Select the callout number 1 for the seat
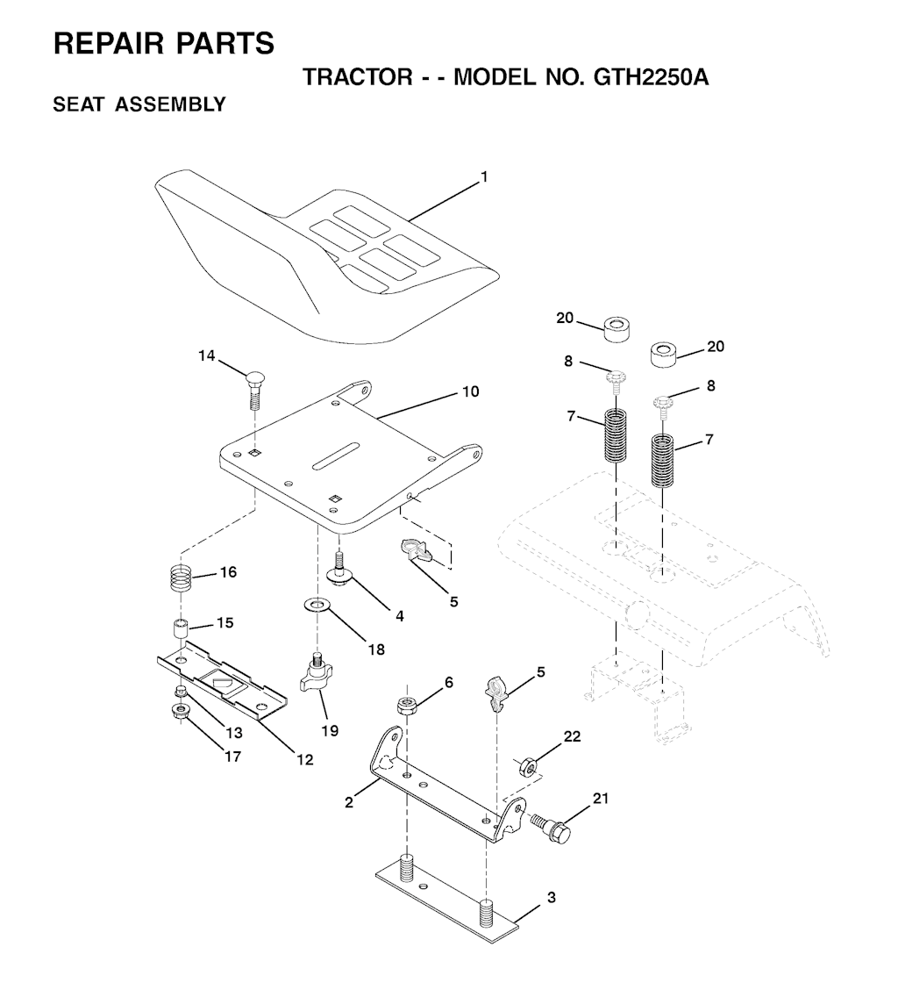pyautogui.click(x=484, y=176)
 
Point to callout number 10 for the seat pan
pyautogui.click(x=471, y=391)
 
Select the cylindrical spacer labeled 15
pyautogui.click(x=180, y=630)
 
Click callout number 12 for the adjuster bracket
pyautogui.click(x=304, y=760)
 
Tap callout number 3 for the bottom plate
pyautogui.click(x=551, y=897)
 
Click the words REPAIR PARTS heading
pyautogui.click(x=164, y=43)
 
